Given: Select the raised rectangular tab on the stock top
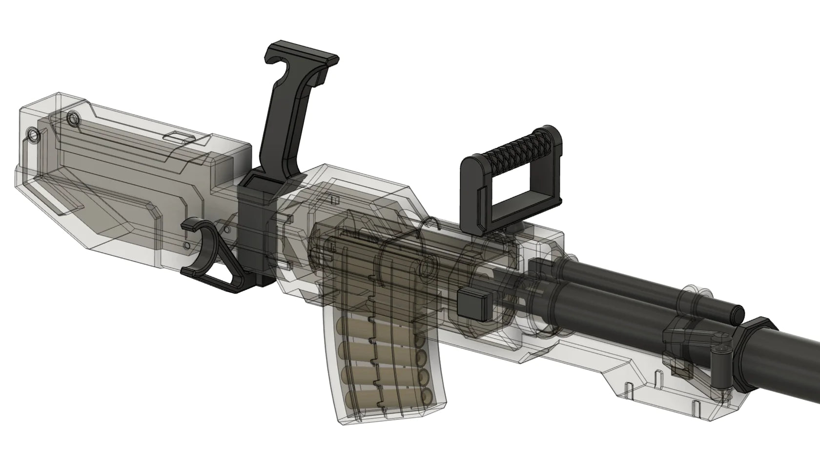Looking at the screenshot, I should [178, 137].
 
